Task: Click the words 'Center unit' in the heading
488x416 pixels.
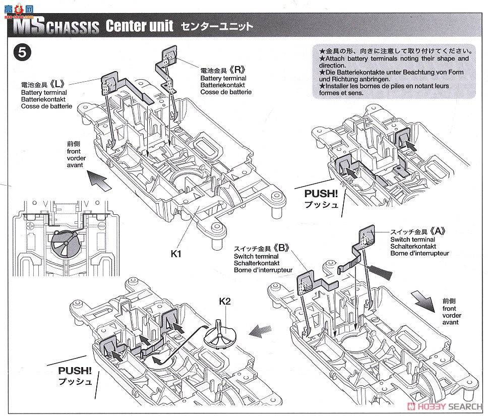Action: (139, 26)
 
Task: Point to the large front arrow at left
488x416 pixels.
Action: (98, 181)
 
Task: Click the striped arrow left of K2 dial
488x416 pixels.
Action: (260, 332)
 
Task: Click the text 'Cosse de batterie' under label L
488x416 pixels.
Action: (47, 107)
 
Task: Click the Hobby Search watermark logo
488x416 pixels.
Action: (446, 406)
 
